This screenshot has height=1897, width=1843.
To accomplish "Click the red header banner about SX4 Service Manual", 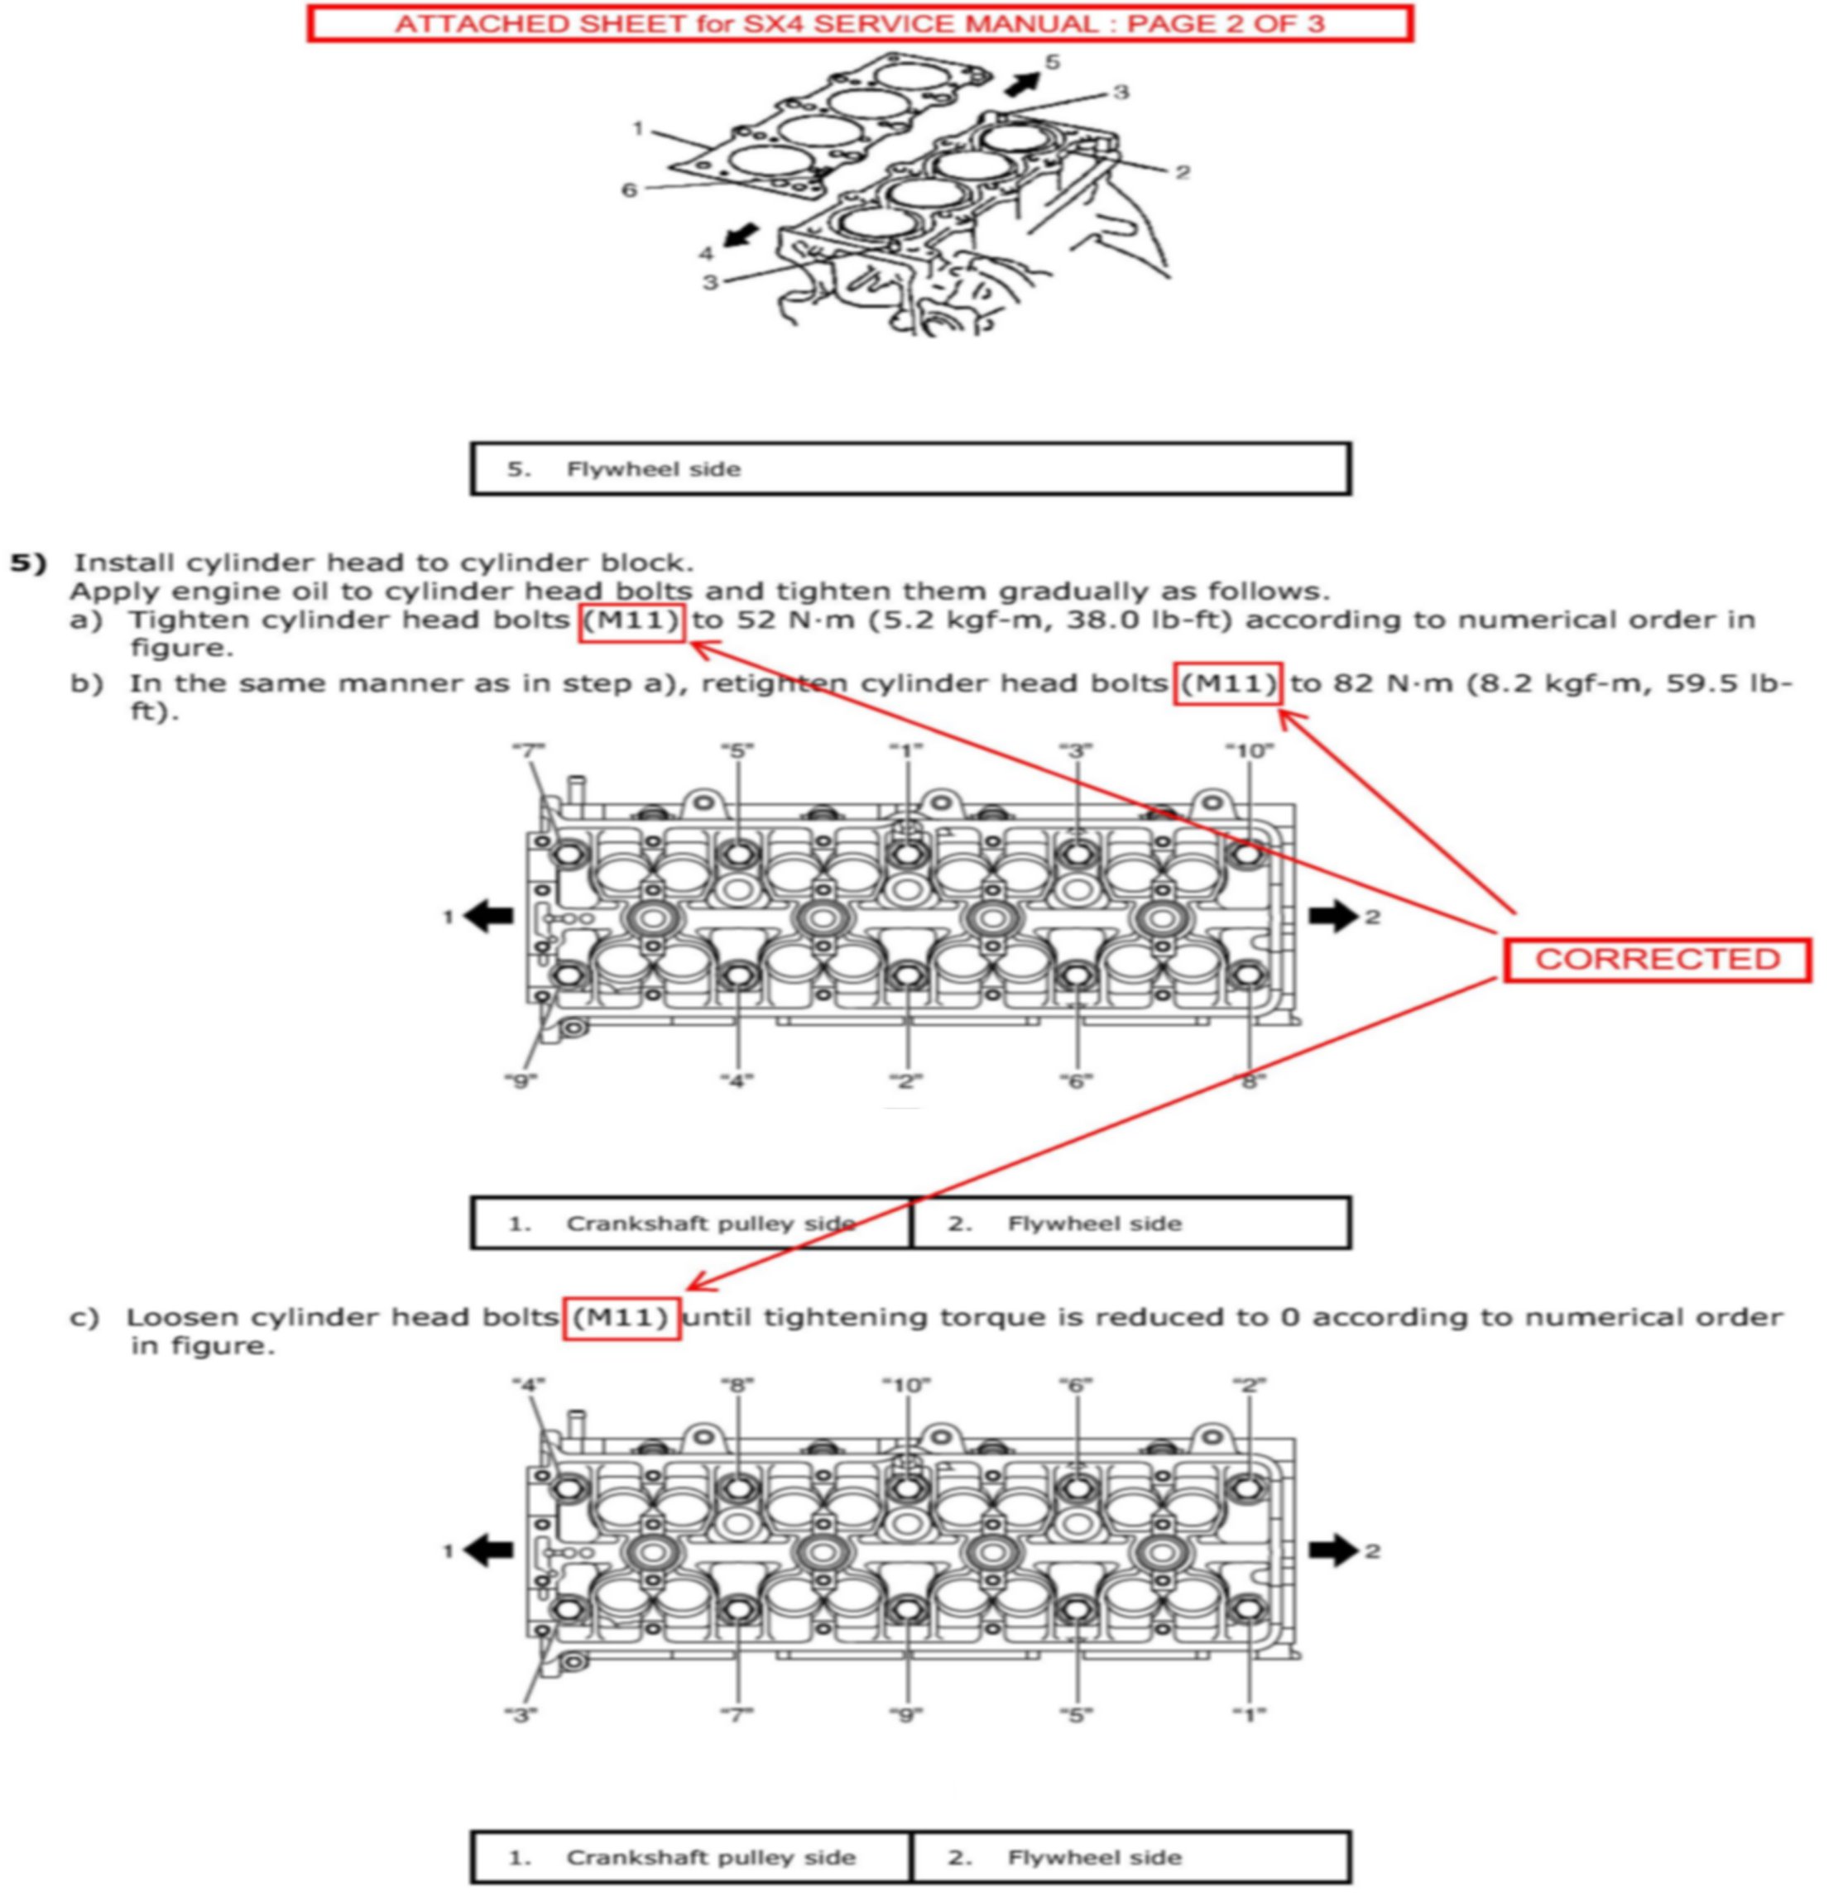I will [x=860, y=23].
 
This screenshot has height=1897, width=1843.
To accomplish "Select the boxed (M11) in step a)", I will [x=632, y=620].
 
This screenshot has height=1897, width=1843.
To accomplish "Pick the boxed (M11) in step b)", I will [x=1227, y=683].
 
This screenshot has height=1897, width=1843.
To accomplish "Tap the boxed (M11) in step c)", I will [x=622, y=1317].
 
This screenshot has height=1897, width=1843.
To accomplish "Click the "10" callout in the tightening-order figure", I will [x=1249, y=750].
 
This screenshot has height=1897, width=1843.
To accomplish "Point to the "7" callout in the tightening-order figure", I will [x=529, y=750].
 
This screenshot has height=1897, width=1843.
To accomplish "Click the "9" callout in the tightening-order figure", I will [x=521, y=1080].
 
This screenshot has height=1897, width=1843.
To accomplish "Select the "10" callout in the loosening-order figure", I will [x=906, y=1385].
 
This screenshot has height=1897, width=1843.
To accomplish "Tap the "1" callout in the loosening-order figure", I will [x=1249, y=1715].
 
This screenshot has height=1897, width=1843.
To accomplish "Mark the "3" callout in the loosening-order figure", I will [x=521, y=1715].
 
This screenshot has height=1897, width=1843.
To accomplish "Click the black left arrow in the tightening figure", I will [x=489, y=916].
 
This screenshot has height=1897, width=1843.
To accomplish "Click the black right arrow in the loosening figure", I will [x=1333, y=1550].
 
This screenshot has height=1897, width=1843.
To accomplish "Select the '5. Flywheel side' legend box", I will [x=910, y=469].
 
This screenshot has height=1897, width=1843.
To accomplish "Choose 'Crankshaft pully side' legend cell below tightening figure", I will [x=691, y=1224].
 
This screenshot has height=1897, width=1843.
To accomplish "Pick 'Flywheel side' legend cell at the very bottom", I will [x=1130, y=1857].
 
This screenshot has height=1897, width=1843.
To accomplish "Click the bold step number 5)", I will [x=28, y=563].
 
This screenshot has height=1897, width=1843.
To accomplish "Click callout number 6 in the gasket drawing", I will [x=629, y=189].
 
